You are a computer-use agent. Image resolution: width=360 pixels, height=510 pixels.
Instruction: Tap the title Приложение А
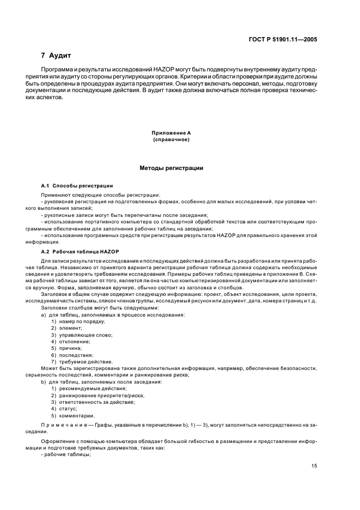tap(171, 133)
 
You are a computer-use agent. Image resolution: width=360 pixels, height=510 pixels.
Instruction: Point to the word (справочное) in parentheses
tap(171, 140)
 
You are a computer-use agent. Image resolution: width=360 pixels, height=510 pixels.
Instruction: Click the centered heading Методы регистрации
tap(171, 168)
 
